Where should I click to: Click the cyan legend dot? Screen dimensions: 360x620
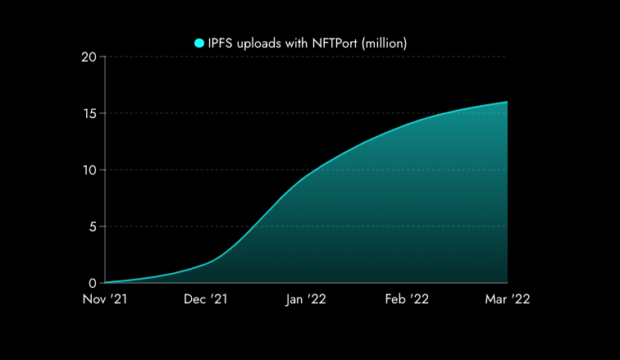tap(199, 43)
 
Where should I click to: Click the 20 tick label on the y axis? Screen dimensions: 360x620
tap(89, 57)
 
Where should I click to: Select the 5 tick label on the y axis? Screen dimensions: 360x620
tap(93, 226)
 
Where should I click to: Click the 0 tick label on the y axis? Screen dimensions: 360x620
tap(93, 283)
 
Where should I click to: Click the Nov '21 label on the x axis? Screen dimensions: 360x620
tap(105, 300)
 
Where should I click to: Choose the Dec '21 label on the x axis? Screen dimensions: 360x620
tap(206, 300)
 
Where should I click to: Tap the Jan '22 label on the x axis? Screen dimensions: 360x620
tap(306, 300)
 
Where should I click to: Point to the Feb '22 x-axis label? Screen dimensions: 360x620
tap(407, 300)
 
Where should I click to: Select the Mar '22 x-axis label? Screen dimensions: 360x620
tap(508, 300)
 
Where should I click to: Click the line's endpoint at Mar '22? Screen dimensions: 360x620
tap(507, 102)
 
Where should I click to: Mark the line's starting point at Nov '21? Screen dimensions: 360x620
tap(106, 282)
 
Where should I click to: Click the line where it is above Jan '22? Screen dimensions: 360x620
tap(306, 177)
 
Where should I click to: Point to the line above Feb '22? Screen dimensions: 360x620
tap(407, 125)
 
